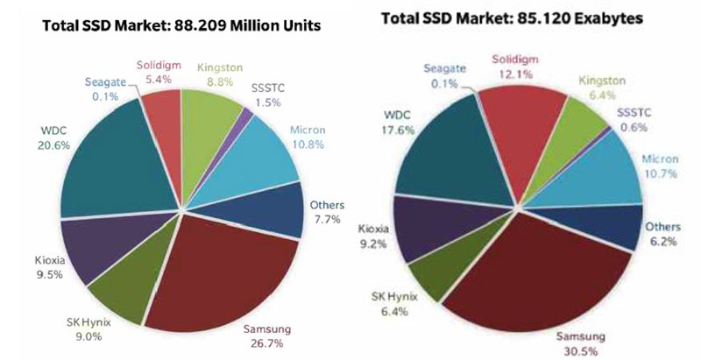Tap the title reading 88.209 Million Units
pos(181,27)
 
